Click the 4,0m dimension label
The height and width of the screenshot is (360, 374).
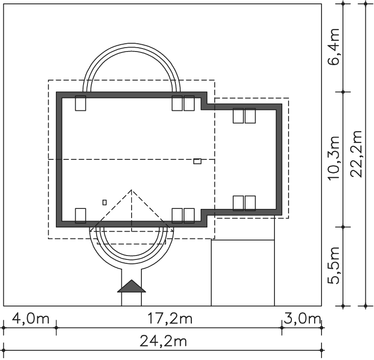click(31, 319)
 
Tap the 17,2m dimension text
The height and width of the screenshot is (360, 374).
click(170, 319)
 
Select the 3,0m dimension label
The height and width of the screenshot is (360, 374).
click(302, 319)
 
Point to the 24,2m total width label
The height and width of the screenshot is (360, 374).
click(163, 341)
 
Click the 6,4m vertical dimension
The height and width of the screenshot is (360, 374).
click(334, 47)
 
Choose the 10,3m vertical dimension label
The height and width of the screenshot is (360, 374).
click(334, 158)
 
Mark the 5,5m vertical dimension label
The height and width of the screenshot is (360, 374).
click(334, 265)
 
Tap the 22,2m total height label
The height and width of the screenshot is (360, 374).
click(357, 154)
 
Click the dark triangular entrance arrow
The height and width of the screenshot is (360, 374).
click(132, 286)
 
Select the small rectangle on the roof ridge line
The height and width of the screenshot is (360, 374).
click(197, 161)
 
